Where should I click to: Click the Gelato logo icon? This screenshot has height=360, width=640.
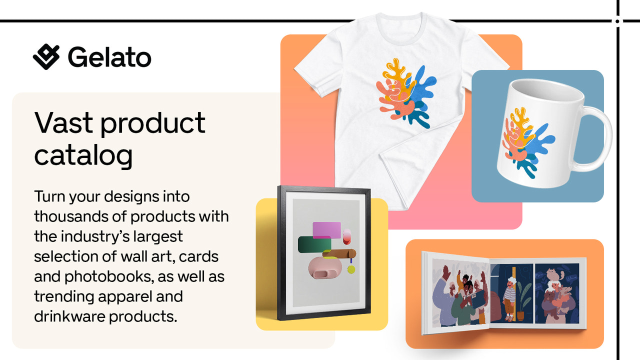(x=46, y=56)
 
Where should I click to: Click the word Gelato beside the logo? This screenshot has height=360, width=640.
(x=109, y=57)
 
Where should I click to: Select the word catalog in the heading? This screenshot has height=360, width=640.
(x=83, y=155)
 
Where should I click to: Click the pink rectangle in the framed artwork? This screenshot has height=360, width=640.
(x=326, y=229)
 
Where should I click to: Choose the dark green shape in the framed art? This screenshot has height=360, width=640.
(x=312, y=244)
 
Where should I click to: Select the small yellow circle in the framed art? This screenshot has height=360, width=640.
(x=351, y=270)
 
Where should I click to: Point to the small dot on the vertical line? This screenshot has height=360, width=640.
(x=617, y=21)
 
